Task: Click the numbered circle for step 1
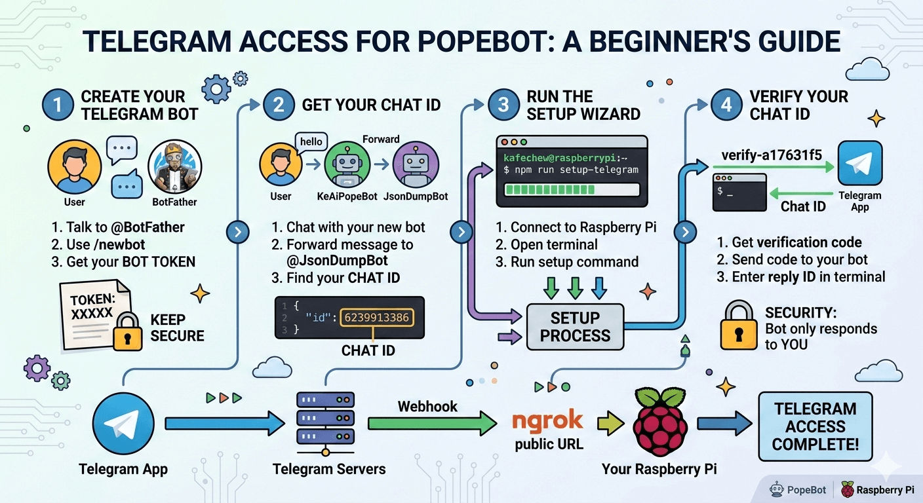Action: point(58,105)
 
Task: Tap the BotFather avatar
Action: point(174,166)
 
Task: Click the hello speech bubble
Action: point(312,142)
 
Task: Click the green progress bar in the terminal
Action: point(570,190)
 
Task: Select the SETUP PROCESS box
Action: point(575,326)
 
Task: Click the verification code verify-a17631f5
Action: point(771,155)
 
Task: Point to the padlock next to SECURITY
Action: point(739,326)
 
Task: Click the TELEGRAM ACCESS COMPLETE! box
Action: point(815,426)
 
